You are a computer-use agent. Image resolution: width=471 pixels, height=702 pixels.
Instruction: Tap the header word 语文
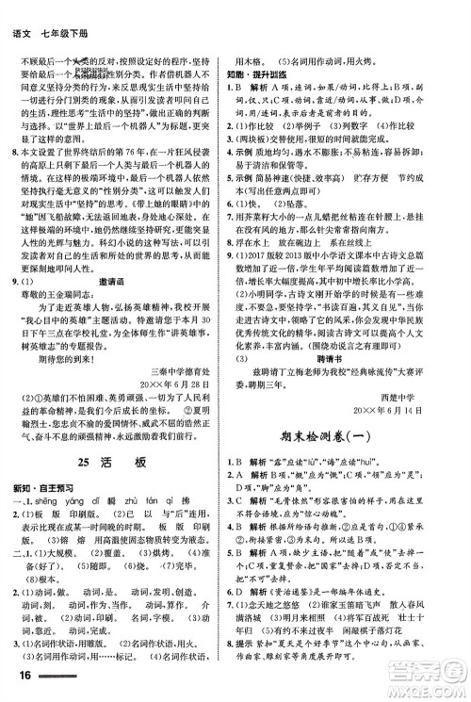[19, 9]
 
